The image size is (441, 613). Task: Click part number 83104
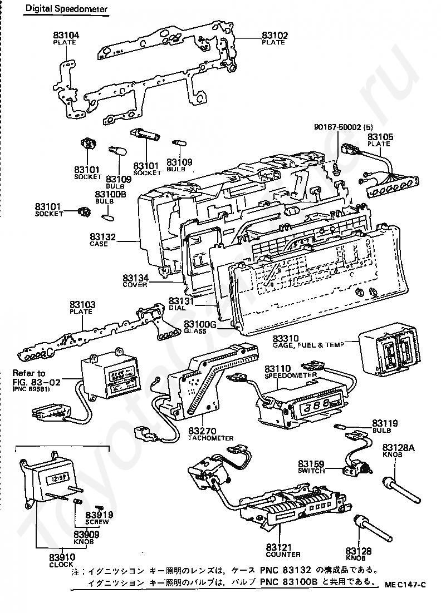point(66,35)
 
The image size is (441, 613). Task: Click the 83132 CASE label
point(104,237)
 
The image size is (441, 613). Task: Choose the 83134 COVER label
point(135,277)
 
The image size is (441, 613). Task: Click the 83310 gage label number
point(286,338)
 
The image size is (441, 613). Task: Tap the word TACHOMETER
point(211,438)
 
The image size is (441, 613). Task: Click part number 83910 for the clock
point(62,557)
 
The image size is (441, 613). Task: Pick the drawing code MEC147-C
point(405,584)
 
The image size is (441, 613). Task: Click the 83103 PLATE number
point(82,305)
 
